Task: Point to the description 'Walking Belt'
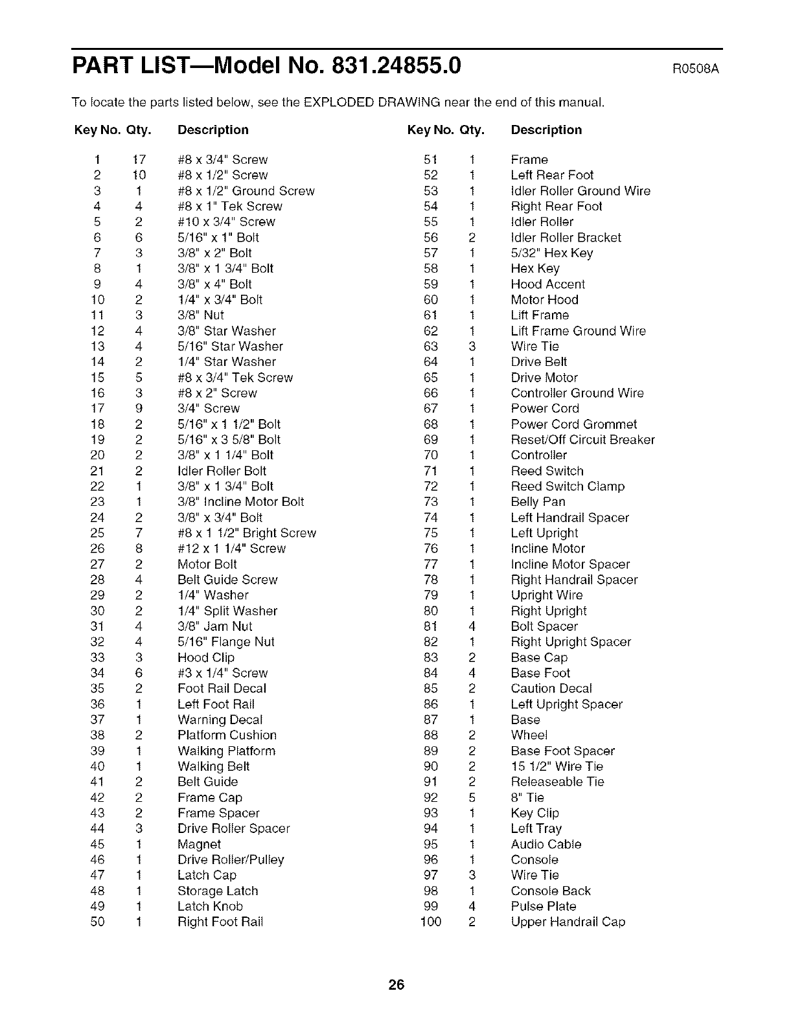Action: (213, 766)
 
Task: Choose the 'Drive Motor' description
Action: (544, 378)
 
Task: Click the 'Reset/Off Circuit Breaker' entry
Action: (582, 440)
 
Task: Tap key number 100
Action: (431, 922)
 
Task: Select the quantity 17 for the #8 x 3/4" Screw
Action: (139, 160)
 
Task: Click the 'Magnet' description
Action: (199, 844)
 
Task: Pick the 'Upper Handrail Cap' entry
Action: (568, 922)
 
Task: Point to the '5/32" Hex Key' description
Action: (551, 253)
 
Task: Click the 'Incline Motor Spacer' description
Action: (570, 564)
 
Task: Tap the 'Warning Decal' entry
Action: (220, 720)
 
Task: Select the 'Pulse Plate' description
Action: (543, 906)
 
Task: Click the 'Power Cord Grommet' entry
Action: (573, 424)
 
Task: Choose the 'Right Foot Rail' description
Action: (220, 922)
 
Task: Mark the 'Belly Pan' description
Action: (538, 502)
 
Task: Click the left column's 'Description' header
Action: (213, 130)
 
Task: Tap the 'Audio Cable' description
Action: (546, 844)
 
